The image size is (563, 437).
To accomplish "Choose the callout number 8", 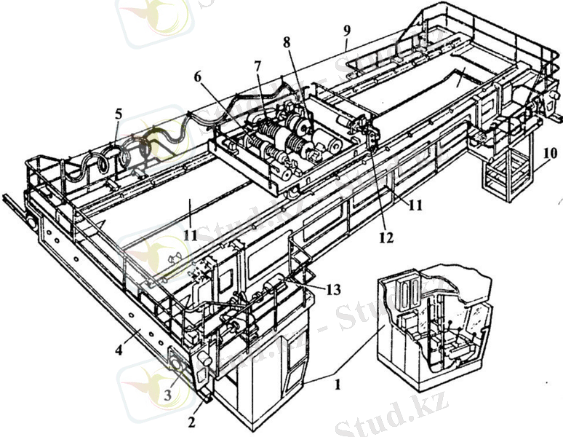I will [287, 43].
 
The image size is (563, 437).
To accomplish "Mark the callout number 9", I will [348, 31].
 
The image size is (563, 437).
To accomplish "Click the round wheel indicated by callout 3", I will [177, 359].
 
